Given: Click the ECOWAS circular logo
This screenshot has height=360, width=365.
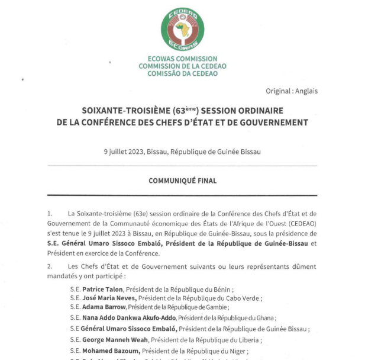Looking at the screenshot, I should [182, 30].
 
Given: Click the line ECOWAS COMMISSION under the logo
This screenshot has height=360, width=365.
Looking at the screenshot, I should [182, 59].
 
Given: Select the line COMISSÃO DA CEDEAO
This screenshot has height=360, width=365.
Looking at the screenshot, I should [182, 74].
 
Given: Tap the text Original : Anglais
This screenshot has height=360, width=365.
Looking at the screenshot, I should [292, 91].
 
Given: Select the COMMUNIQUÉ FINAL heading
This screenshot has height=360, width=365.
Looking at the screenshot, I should [182, 179].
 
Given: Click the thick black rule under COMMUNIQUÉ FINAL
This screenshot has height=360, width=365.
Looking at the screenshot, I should [182, 195].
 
